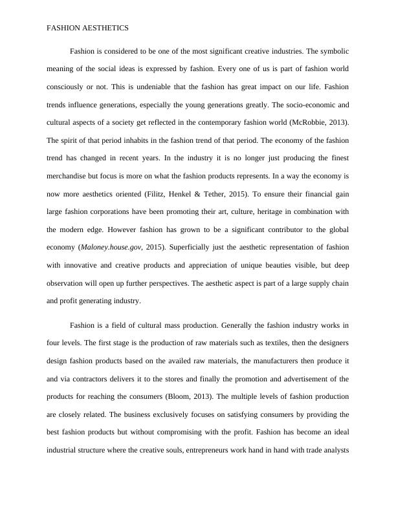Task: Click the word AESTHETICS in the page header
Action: [x=105, y=28]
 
